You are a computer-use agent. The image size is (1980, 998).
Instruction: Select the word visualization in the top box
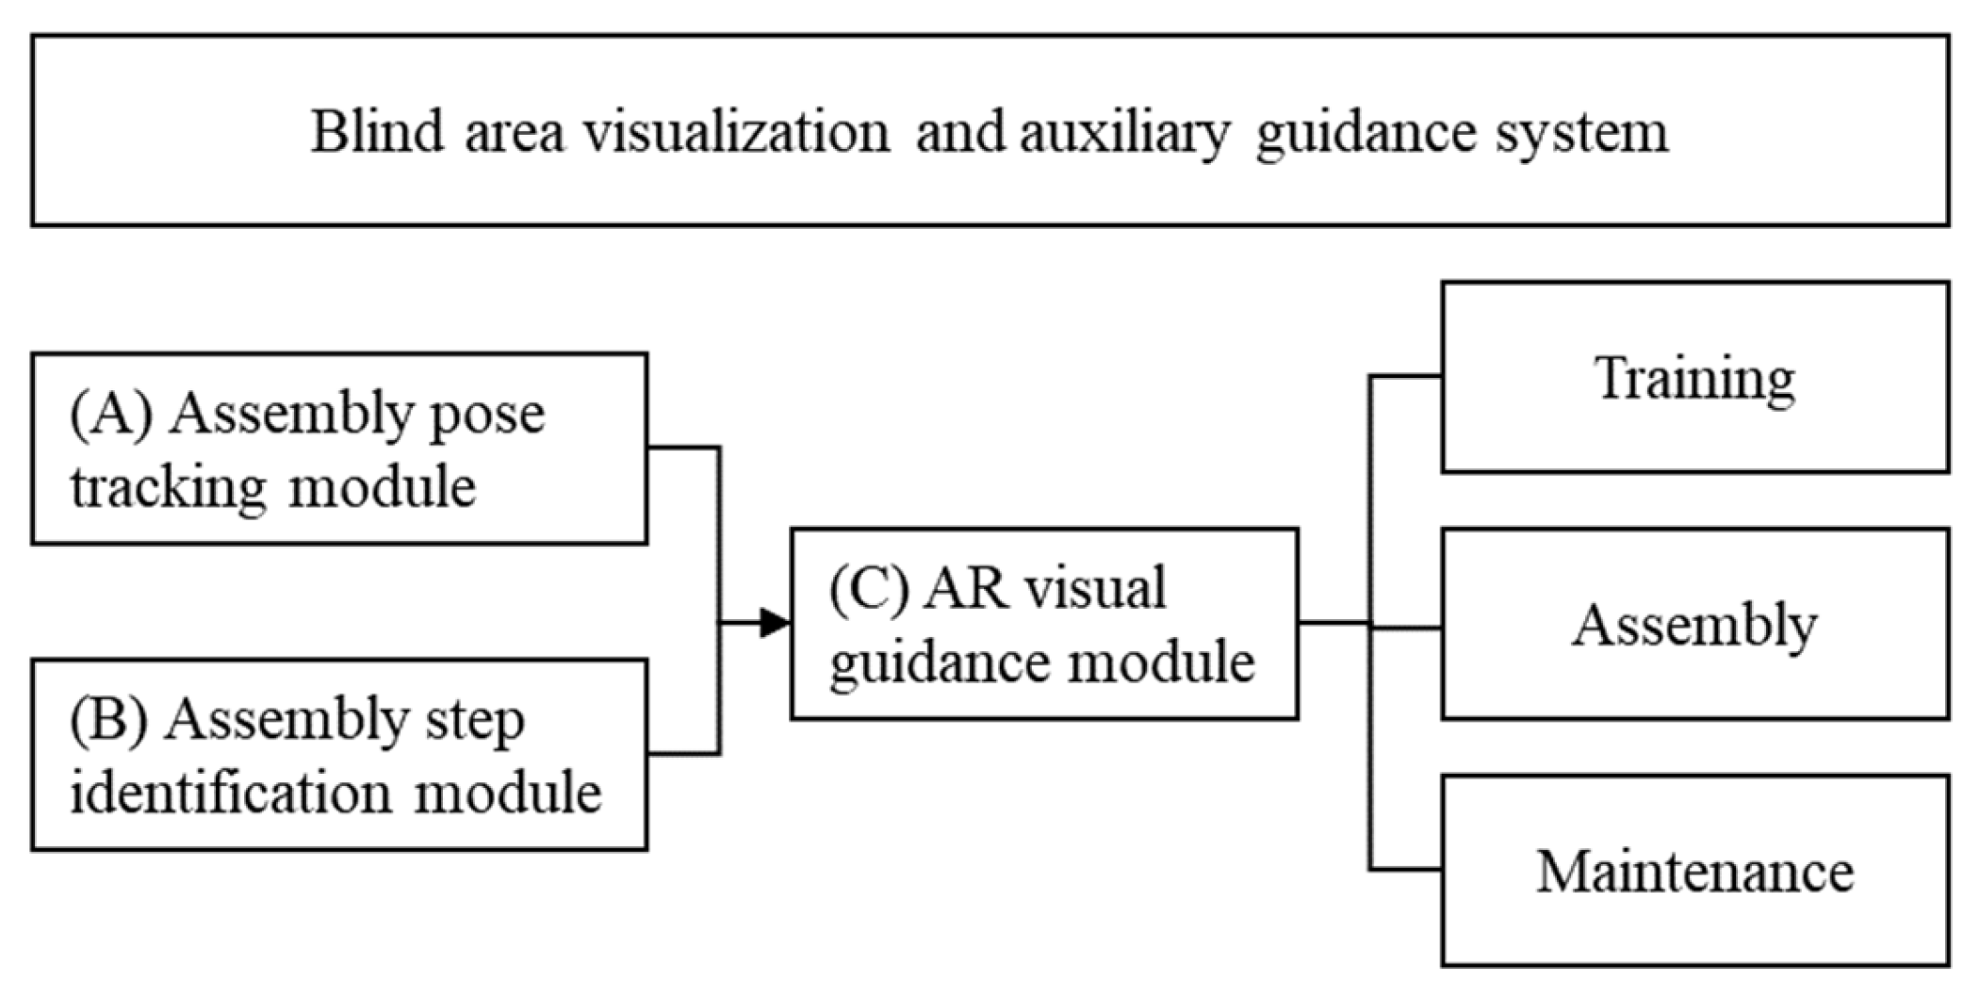[x=735, y=131]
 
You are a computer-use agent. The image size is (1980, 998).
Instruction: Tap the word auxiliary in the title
[x=1124, y=133]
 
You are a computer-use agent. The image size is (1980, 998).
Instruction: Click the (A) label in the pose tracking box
[x=111, y=414]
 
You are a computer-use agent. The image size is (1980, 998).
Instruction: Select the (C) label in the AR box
[x=869, y=589]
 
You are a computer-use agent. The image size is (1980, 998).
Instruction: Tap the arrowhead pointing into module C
[x=775, y=623]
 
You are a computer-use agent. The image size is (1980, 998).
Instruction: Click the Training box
[x=1694, y=377]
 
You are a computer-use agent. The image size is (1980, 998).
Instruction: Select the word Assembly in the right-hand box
[x=1694, y=625]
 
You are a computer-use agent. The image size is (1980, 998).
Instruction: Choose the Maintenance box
[x=1694, y=871]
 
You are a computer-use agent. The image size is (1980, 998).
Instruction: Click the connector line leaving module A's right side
[x=683, y=448]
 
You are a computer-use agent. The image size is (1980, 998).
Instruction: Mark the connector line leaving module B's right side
[x=683, y=754]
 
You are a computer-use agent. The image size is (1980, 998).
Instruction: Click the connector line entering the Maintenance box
[x=1405, y=869]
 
